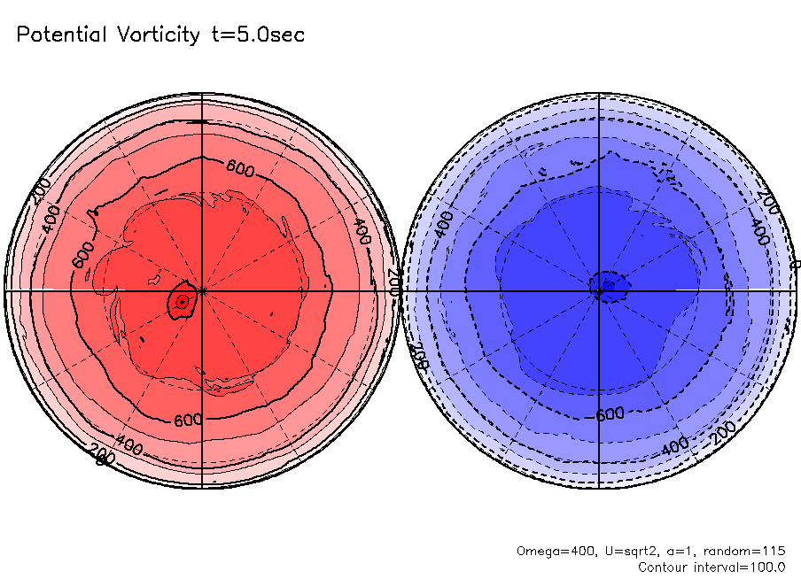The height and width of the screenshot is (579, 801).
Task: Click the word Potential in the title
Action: click(x=59, y=35)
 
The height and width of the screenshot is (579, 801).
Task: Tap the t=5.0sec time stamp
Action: click(x=257, y=35)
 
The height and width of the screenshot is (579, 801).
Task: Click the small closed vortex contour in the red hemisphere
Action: click(x=183, y=302)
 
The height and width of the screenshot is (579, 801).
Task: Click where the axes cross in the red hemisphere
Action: click(x=202, y=290)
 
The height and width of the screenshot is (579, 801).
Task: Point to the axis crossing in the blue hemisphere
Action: click(x=600, y=290)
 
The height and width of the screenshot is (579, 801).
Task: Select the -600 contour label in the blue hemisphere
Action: click(x=610, y=414)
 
